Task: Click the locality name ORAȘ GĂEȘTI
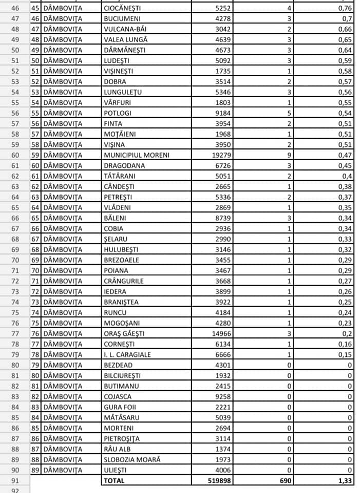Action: (x=124, y=333)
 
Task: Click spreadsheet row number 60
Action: (x=14, y=155)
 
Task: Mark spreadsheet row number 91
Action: (x=14, y=480)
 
